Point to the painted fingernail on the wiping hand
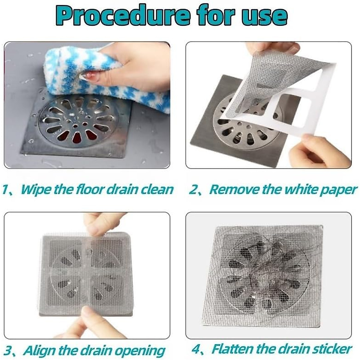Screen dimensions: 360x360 (x=90, y=76)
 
